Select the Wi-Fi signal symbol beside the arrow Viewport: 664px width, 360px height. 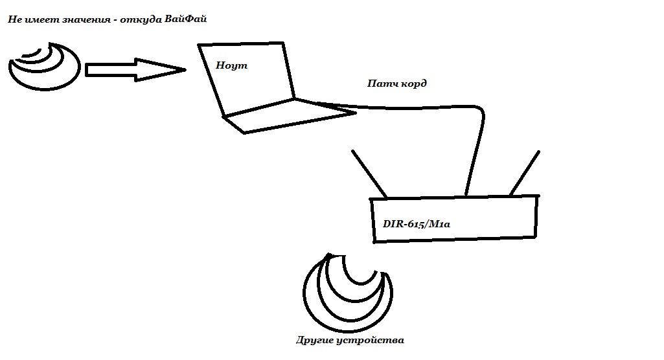45,65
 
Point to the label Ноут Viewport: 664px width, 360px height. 232,65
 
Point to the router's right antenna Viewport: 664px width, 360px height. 524,174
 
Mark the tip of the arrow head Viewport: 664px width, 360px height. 185,69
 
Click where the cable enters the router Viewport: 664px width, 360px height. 466,194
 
